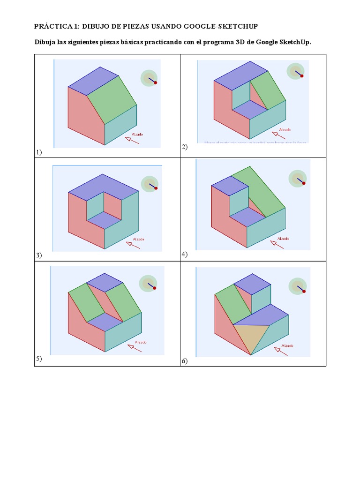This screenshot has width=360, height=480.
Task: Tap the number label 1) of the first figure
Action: pyautogui.click(x=38, y=152)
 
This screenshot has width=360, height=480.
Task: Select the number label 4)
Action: pyautogui.click(x=184, y=254)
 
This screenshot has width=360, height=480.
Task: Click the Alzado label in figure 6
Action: pyautogui.click(x=287, y=345)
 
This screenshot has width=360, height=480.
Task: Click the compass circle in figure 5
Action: pyautogui.click(x=148, y=283)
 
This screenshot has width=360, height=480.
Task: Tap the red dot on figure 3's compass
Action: pyautogui.click(x=156, y=188)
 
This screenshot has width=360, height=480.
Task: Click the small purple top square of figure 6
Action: pyautogui.click(x=252, y=284)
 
